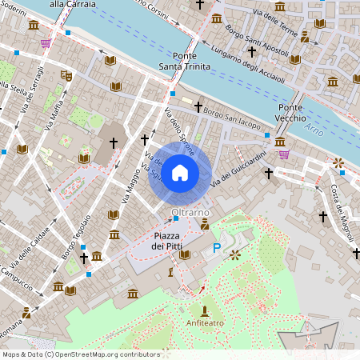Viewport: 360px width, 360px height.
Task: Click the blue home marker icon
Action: [x=180, y=172]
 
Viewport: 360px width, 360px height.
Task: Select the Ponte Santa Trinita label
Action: [x=184, y=61]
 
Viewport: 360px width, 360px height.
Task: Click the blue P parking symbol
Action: [x=216, y=250]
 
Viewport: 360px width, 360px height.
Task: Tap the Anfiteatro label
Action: [x=205, y=323]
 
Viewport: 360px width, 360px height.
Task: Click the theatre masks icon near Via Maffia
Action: [x=66, y=76]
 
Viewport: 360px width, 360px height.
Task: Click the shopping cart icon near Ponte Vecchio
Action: [x=282, y=154]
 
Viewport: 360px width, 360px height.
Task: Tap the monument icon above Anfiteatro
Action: [x=205, y=310]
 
